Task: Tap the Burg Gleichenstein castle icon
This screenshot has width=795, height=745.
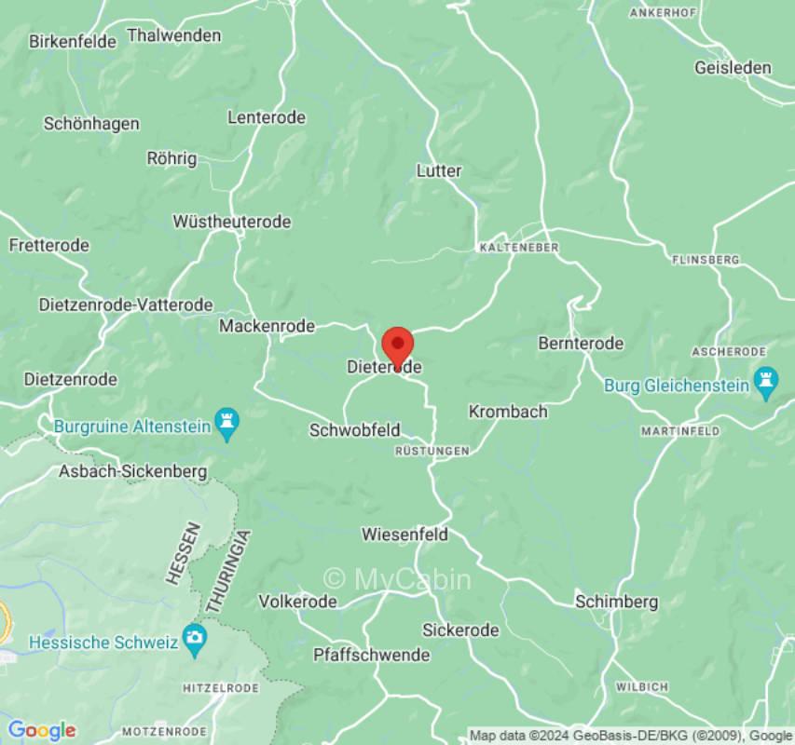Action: tap(766, 383)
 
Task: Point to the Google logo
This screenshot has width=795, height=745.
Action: tap(41, 730)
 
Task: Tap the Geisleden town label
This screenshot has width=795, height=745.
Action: tap(733, 67)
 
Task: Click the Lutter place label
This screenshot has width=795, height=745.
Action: tap(439, 171)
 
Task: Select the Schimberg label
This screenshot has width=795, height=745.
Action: tap(616, 602)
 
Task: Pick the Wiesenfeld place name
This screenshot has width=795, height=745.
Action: tap(404, 535)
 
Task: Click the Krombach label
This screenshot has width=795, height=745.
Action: tap(508, 411)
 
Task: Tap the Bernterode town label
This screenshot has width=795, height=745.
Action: tap(581, 344)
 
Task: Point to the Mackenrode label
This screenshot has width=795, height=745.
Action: tap(267, 326)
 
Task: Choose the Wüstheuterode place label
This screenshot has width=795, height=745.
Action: tap(232, 222)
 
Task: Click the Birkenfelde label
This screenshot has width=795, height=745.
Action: tap(73, 41)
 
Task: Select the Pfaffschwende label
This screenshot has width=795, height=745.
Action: tap(371, 655)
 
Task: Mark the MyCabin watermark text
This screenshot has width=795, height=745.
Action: tap(397, 579)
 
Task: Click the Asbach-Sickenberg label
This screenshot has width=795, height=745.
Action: tap(133, 471)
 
